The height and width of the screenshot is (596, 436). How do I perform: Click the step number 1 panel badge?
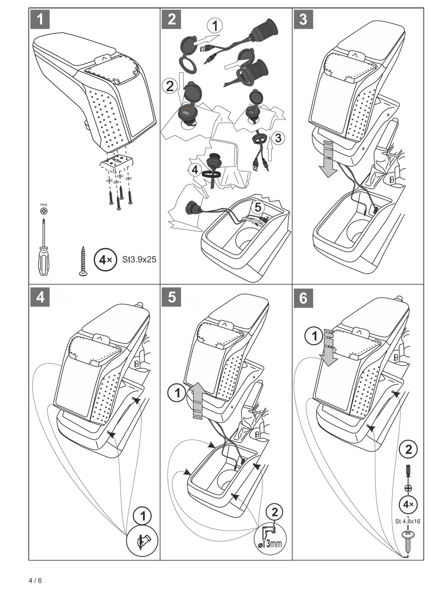tap(41, 20)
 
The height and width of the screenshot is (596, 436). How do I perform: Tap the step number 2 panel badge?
tap(171, 20)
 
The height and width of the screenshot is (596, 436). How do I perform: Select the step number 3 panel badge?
tap(303, 20)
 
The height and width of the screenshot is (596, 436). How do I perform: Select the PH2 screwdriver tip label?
tap(44, 205)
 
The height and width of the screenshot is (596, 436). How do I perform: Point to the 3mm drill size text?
tap(273, 543)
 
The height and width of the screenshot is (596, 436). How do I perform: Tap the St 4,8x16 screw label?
tap(408, 521)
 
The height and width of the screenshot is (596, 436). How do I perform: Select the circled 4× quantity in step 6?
tap(409, 505)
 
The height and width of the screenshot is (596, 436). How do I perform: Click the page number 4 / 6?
tap(35, 581)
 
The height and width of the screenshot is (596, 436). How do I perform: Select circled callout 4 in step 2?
tap(195, 169)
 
